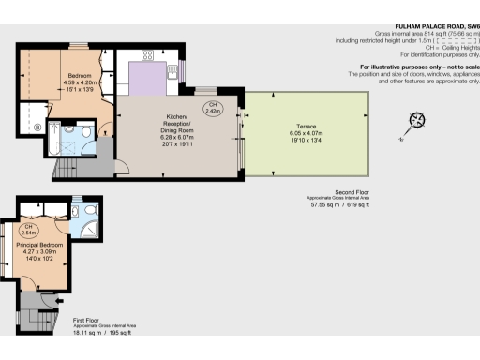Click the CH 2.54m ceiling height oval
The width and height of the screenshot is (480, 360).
tap(30, 230)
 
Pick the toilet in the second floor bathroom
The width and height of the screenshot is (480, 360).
tap(86, 142)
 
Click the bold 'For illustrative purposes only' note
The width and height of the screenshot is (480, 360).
tap(418, 67)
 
